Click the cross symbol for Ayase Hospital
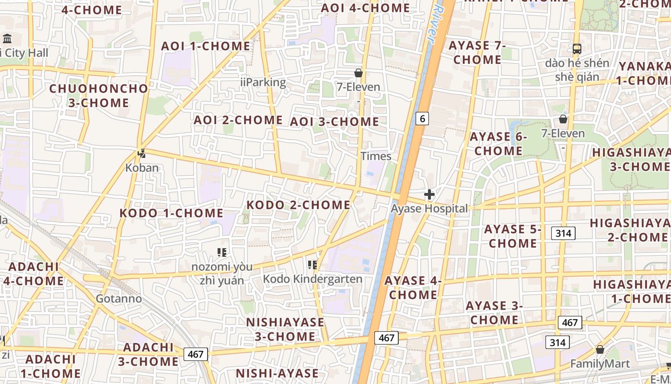(x=429, y=194)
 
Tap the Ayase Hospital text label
(x=429, y=209)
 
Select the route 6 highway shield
(x=421, y=118)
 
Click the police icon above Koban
(x=141, y=154)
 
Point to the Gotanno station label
(x=119, y=299)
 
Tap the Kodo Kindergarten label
(x=312, y=279)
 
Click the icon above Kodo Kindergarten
(x=312, y=264)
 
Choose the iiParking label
(x=263, y=83)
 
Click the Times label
(x=376, y=156)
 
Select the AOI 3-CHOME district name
(x=335, y=122)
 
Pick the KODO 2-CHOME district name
(x=298, y=205)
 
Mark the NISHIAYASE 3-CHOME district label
(x=285, y=329)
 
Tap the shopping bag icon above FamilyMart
(x=600, y=349)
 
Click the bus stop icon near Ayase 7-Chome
(x=577, y=48)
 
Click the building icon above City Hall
(x=7, y=38)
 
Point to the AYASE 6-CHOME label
(x=498, y=144)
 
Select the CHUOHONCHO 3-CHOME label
(x=99, y=96)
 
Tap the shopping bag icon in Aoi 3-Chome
(x=358, y=73)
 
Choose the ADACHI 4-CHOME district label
(x=34, y=274)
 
